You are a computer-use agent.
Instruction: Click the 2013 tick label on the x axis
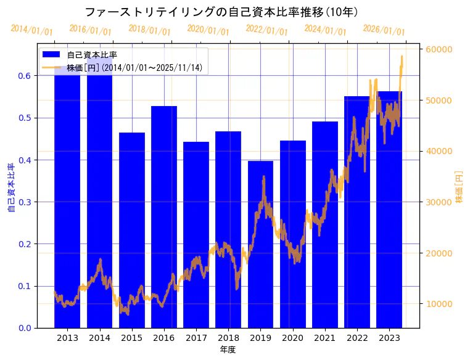coord(67,338)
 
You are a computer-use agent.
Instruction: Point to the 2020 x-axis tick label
coord(292,338)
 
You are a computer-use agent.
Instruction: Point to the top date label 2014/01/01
coord(31,30)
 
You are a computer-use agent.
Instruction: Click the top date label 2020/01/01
coord(208,30)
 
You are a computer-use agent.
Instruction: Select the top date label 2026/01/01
coord(384,30)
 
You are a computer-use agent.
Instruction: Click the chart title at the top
coord(221,12)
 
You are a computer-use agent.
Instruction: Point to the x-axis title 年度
coord(228,350)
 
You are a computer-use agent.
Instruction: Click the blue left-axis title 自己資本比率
coord(10,188)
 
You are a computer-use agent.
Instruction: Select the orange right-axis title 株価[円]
coord(459,187)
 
